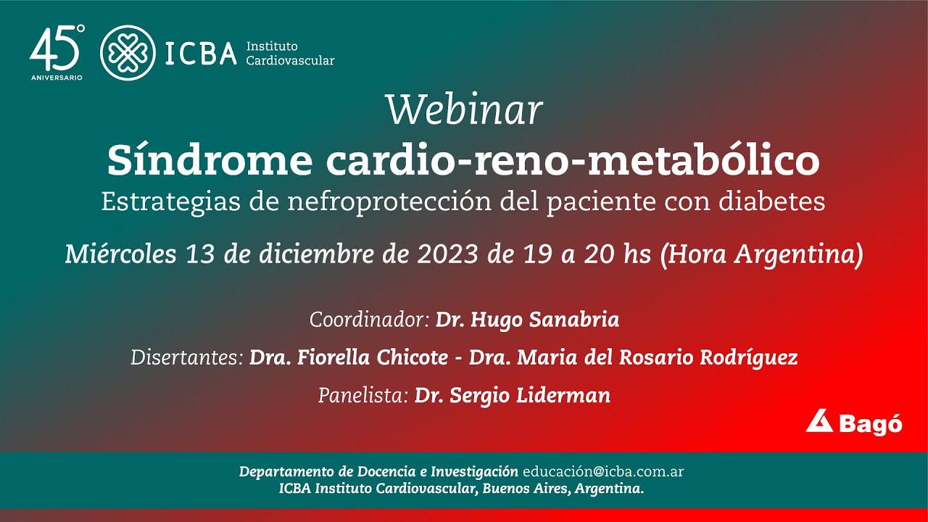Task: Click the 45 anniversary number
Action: click(x=54, y=49)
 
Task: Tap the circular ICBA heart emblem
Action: click(x=128, y=53)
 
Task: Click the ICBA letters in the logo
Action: click(x=201, y=54)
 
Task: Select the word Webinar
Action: click(x=464, y=110)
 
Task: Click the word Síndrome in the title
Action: click(x=210, y=161)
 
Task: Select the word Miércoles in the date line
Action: click(x=120, y=254)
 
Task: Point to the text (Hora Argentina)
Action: click(x=761, y=254)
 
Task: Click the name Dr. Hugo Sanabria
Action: click(x=527, y=320)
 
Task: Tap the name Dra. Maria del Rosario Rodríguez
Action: click(x=633, y=357)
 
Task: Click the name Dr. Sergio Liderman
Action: click(x=512, y=395)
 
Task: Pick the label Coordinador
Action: click(x=370, y=320)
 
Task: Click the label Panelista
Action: click(x=363, y=395)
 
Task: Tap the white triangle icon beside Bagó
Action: click(x=819, y=421)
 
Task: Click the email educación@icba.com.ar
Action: click(x=603, y=471)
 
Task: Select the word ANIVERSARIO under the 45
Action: click(x=56, y=77)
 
